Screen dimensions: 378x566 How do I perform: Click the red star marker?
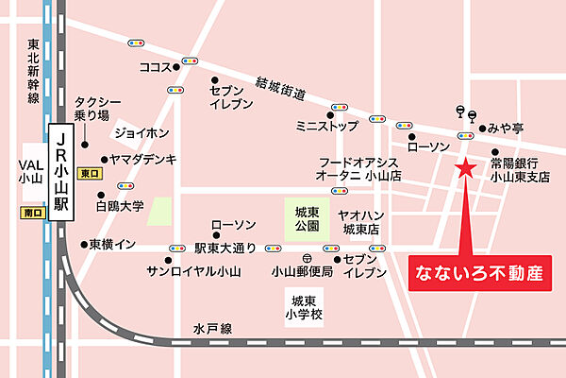tap(465, 168)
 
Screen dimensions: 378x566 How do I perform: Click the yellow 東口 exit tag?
tap(91, 174)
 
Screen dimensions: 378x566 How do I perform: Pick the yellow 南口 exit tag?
tap(31, 214)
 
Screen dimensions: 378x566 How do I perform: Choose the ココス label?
tap(153, 68)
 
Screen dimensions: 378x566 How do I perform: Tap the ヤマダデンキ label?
tap(143, 160)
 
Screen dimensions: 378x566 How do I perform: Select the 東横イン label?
tap(112, 244)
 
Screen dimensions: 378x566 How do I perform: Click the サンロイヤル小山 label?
tap(193, 271)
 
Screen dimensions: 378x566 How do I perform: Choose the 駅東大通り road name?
tap(225, 249)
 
